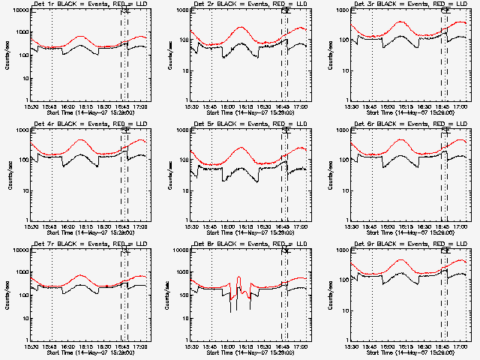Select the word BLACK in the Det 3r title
pos(383,4)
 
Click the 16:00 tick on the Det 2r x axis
pos(228,106)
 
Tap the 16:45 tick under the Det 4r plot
pos(121,226)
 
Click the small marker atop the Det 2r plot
pos(285,10)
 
